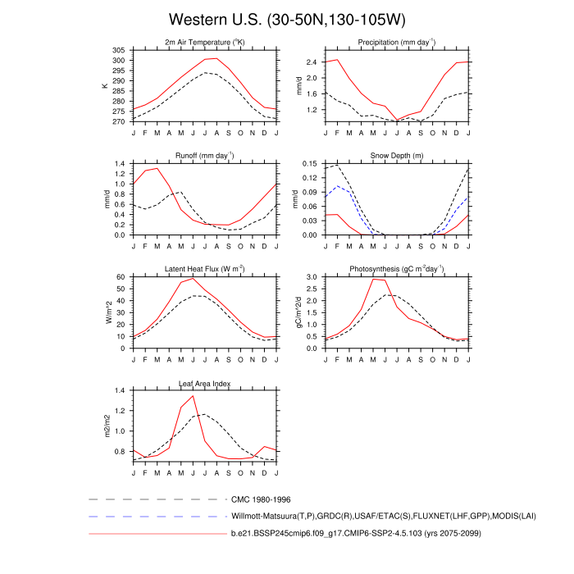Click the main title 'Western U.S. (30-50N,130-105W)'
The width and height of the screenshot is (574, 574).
coord(287,19)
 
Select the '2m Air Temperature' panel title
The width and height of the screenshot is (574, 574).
coord(205,43)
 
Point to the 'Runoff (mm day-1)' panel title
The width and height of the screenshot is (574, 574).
coord(205,155)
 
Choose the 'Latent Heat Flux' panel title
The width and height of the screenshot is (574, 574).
coord(205,269)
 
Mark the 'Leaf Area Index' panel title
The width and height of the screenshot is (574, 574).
coord(205,383)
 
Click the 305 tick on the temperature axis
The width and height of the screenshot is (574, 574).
coord(120,51)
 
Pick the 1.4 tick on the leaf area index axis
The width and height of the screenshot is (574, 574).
coord(121,391)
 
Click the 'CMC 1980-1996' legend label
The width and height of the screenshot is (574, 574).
coord(261,499)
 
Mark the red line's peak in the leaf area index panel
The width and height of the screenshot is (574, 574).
coord(193,396)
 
